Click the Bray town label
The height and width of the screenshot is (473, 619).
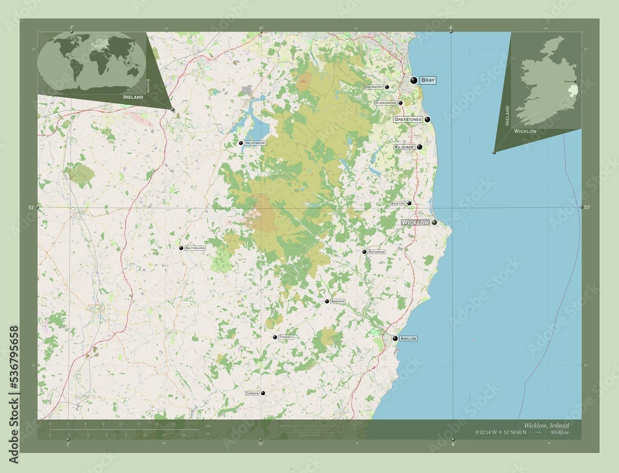pyautogui.click(x=428, y=80)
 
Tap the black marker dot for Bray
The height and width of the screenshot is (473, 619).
pyautogui.click(x=414, y=80)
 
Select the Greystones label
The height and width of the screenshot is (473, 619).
pyautogui.click(x=408, y=119)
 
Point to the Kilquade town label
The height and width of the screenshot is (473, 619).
pyautogui.click(x=404, y=147)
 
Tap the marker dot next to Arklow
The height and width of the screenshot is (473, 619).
pyautogui.click(x=395, y=338)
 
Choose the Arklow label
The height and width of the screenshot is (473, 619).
pyautogui.click(x=409, y=339)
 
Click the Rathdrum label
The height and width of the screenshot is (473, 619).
pyautogui.click(x=376, y=252)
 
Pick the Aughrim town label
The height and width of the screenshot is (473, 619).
pyautogui.click(x=338, y=301)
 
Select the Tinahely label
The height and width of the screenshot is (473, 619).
pyautogui.click(x=286, y=337)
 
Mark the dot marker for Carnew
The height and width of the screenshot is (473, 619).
pyautogui.click(x=263, y=393)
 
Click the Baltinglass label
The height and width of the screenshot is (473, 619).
pyautogui.click(x=195, y=248)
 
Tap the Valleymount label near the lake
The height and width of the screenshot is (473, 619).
pyautogui.click(x=256, y=143)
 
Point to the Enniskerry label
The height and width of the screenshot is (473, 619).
pyautogui.click(x=374, y=87)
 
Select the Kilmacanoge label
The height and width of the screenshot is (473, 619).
pyautogui.click(x=386, y=103)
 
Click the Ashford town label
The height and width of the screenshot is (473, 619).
pyautogui.click(x=398, y=203)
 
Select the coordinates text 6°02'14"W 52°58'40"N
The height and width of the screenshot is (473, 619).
pyautogui.click(x=501, y=432)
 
